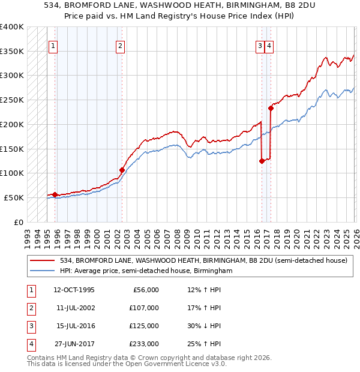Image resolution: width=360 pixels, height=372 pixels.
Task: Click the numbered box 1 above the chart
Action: click(x=53, y=45)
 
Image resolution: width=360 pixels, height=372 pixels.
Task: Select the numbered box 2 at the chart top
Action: click(x=120, y=45)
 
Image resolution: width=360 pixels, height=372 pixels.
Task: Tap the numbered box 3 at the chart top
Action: click(x=260, y=45)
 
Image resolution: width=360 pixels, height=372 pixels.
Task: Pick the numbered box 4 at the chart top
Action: click(x=269, y=45)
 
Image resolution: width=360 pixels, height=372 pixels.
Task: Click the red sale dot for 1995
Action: click(x=55, y=194)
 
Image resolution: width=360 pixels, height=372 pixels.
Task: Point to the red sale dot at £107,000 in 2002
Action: click(x=122, y=170)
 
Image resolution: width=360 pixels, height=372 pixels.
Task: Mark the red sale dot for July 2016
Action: click(x=262, y=161)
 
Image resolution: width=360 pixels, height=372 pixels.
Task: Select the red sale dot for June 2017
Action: click(x=271, y=109)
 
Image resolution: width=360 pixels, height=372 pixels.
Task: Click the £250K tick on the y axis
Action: click(x=11, y=100)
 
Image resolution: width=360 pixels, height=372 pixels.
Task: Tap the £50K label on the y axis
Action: click(x=13, y=197)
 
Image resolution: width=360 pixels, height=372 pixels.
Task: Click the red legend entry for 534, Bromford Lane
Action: click(x=203, y=260)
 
